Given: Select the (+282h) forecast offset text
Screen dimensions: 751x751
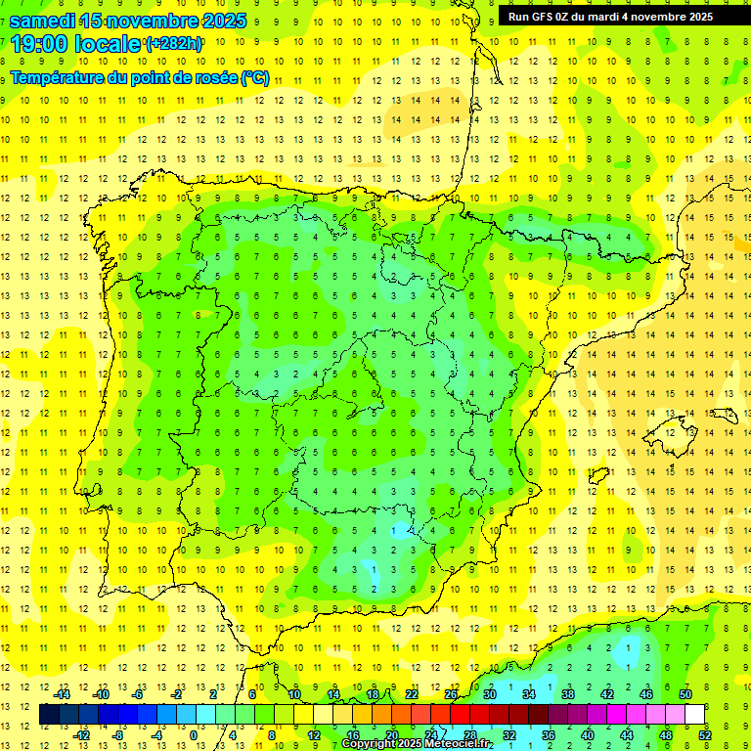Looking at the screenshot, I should coord(174,44).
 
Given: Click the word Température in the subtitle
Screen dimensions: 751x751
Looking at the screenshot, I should coord(60,78).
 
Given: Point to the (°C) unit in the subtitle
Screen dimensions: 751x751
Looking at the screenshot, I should coord(254,78).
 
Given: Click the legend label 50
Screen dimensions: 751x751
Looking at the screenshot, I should coord(685,693).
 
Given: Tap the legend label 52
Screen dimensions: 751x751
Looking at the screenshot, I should coord(705,734).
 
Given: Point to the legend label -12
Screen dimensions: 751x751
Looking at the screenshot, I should coord(82,734).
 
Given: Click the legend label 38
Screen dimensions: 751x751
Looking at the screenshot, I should coord(568,693).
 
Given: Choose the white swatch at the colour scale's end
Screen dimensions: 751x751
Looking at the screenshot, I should coord(694,715).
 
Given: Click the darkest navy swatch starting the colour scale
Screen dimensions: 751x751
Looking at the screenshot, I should coord(49,715).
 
